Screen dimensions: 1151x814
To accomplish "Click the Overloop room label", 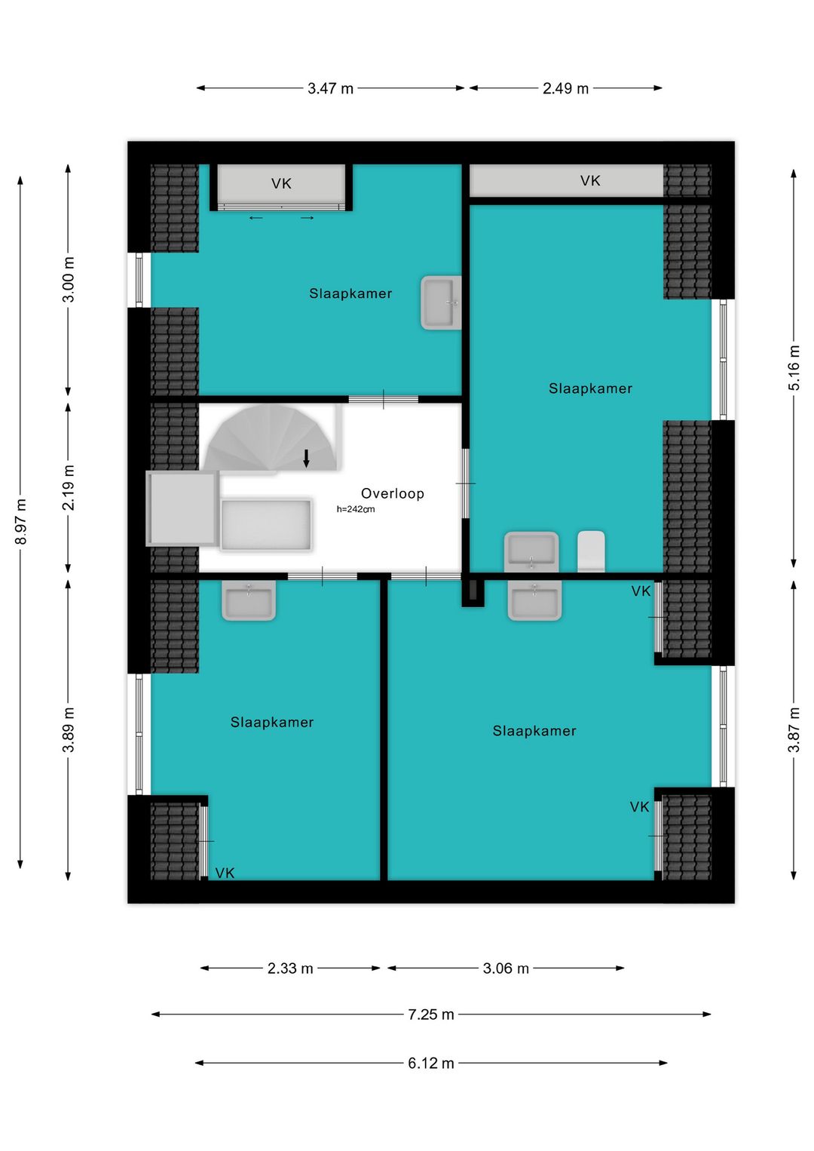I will click(x=392, y=493).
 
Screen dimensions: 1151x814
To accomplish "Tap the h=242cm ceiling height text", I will click(x=355, y=509).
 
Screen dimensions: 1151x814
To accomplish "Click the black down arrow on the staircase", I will click(x=306, y=458).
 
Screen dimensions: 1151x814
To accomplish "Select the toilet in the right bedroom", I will click(x=591, y=551).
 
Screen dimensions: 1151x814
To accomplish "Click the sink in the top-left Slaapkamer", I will click(x=441, y=302).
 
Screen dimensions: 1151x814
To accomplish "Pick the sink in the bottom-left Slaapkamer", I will click(x=249, y=601).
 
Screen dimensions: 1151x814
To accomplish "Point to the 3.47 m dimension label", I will click(x=330, y=88).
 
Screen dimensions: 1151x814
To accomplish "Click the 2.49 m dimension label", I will click(x=565, y=88).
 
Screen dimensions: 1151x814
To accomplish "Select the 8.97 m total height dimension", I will click(x=21, y=521).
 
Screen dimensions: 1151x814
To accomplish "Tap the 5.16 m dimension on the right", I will click(x=794, y=368).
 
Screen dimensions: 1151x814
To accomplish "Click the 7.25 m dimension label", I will click(x=430, y=1014).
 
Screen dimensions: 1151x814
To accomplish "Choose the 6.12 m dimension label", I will click(x=430, y=1064).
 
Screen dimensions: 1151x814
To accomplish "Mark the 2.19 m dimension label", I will click(x=68, y=487).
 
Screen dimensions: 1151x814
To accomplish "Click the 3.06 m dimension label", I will click(x=506, y=968).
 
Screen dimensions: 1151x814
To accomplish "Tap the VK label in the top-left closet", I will click(x=281, y=183).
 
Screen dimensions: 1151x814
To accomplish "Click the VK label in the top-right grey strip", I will click(x=590, y=180).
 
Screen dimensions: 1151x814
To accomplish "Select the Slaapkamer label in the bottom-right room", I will click(x=534, y=731).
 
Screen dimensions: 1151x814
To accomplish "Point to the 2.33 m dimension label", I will click(x=290, y=968).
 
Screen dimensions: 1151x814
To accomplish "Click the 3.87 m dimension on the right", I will click(x=794, y=729).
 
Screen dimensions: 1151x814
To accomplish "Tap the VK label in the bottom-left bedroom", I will click(x=225, y=873).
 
